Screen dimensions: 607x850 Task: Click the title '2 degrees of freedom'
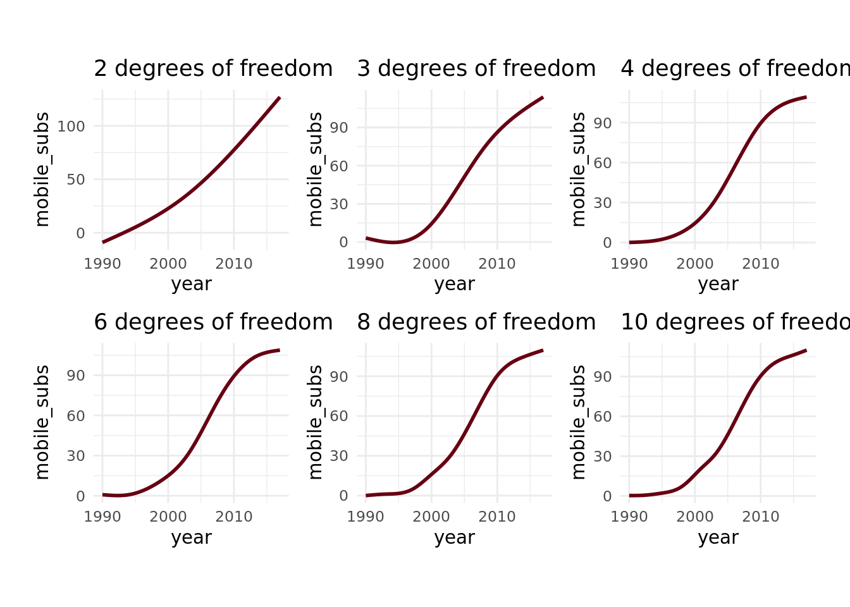213,69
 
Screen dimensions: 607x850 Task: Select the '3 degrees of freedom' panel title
476,69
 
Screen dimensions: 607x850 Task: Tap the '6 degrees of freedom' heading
213,322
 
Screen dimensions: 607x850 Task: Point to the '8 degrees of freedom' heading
476,322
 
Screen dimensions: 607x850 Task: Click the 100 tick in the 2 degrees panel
71,126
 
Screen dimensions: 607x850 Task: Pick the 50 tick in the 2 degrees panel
76,180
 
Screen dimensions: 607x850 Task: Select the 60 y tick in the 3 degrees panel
339,166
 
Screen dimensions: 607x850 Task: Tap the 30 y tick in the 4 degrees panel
603,203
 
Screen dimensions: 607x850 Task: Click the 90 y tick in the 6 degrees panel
76,376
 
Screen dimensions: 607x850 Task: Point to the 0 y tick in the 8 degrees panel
343,496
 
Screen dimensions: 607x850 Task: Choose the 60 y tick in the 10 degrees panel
603,416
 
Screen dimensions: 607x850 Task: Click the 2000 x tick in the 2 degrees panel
168,264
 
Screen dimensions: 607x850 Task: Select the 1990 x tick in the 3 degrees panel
366,264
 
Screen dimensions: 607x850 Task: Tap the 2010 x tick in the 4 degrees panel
760,264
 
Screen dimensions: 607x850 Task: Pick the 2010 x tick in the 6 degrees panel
234,517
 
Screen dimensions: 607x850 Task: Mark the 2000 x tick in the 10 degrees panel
694,517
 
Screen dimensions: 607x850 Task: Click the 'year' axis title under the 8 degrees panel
454,537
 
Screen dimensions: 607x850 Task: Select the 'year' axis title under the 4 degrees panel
718,284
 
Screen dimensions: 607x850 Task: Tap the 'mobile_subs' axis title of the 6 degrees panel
42,422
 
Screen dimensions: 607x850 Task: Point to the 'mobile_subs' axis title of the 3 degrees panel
315,169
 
